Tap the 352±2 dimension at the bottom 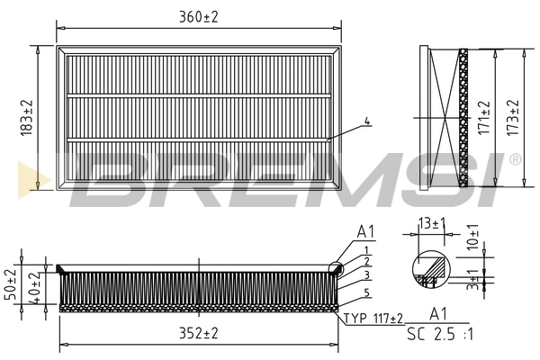(x=198, y=333)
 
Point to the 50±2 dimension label (x=11, y=285)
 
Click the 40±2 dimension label (x=33, y=285)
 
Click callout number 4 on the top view (x=366, y=121)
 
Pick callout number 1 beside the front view (x=366, y=248)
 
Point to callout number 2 (x=366, y=260)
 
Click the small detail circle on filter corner (x=336, y=266)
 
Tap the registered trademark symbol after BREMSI (x=514, y=158)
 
